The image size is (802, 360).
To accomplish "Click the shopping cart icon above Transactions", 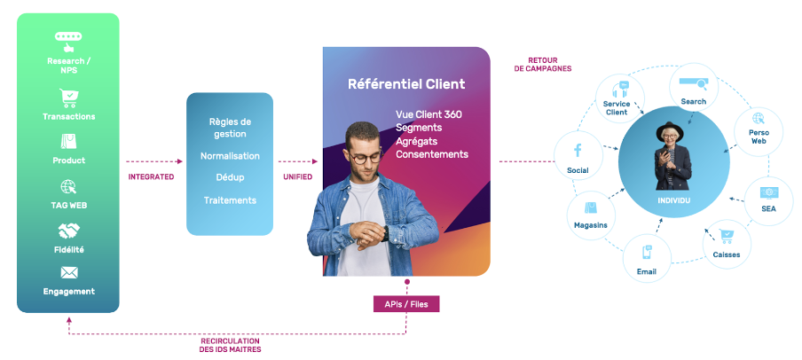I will (68, 98).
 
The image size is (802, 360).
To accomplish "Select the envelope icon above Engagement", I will (68, 272).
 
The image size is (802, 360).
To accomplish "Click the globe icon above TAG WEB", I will (68, 187).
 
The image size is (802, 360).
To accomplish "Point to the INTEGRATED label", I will (151, 176).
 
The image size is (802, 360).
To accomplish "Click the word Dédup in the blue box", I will (230, 177).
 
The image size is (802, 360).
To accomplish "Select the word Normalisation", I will (230, 155).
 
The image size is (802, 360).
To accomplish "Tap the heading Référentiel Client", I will (406, 85).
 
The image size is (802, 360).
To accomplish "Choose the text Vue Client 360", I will (429, 114).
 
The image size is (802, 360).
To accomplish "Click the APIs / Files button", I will (406, 303).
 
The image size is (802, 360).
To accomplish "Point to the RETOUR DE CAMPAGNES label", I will (542, 65).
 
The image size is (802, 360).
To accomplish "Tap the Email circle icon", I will (646, 256).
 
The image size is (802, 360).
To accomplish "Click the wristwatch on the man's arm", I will (384, 233).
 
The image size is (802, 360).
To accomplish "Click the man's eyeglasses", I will (364, 157).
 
